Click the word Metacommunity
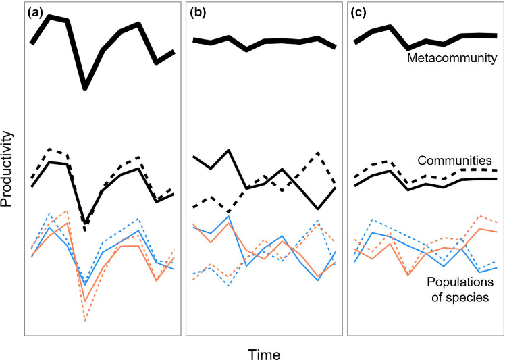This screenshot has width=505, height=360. pos(452,59)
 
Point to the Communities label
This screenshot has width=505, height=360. pos(454,161)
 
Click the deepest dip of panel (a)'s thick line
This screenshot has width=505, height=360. pos(85,87)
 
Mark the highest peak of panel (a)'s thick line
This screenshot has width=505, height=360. pos(50,16)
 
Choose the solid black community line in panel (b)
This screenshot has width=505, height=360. pos(229,151)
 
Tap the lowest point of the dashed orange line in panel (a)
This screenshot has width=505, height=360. pos(85,321)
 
